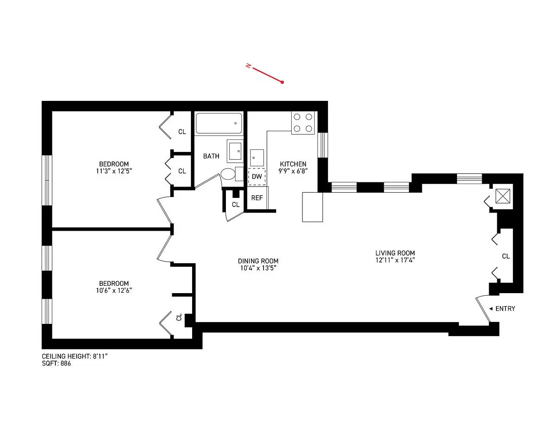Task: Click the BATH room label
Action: (211, 156)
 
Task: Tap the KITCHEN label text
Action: (293, 164)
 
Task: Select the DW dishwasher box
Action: (257, 177)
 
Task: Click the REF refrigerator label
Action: (257, 198)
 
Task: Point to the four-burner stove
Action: (303, 123)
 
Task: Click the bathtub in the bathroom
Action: (219, 123)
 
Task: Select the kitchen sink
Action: (257, 158)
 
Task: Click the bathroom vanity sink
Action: (235, 151)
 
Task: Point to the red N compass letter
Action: (248, 66)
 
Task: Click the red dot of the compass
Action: (283, 82)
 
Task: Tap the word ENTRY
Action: (505, 308)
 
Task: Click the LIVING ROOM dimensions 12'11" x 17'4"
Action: (395, 260)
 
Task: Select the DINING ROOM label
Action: (258, 261)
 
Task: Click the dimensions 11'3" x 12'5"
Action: (114, 171)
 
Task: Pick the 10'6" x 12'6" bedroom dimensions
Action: (114, 290)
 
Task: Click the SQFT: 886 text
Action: (56, 363)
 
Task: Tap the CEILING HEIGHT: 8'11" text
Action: (75, 356)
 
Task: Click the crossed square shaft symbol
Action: (503, 196)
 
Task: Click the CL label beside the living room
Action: (505, 256)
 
